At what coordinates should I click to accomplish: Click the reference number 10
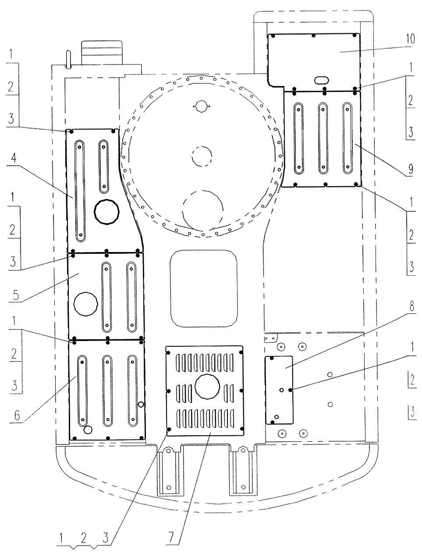tap(410, 39)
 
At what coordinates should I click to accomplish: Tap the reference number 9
tap(410, 169)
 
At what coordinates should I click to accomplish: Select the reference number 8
tap(411, 306)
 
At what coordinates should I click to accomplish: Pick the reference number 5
tap(16, 295)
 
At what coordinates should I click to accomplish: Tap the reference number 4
tap(14, 158)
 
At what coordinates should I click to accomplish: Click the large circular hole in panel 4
tap(106, 212)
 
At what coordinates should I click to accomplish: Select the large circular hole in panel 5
tap(85, 304)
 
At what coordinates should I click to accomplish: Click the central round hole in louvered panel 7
tap(207, 387)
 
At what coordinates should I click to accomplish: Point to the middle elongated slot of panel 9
tap(323, 138)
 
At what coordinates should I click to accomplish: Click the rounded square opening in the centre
tap(204, 288)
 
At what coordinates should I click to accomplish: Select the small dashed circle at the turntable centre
tap(202, 156)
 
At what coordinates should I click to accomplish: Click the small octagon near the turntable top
tap(201, 106)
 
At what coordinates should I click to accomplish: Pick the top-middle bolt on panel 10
tap(313, 36)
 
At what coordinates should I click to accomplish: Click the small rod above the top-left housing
tap(68, 60)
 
